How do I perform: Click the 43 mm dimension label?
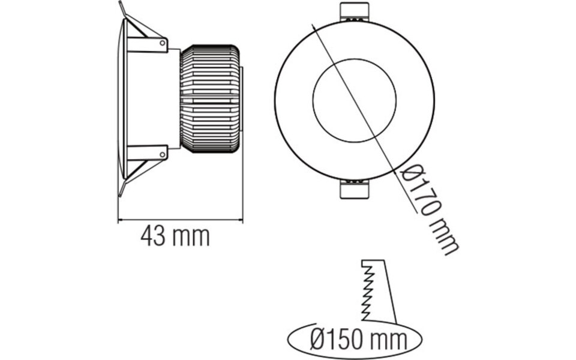(x=175, y=236)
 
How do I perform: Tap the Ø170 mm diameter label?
(x=428, y=209)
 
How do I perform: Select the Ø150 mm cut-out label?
(x=359, y=340)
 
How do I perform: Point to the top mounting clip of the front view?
(x=355, y=12)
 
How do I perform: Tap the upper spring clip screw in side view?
(x=163, y=43)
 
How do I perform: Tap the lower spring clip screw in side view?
(x=163, y=154)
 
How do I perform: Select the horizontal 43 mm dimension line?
(x=180, y=220)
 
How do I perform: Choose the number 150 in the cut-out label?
(x=349, y=340)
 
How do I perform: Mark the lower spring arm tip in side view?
(x=121, y=193)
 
